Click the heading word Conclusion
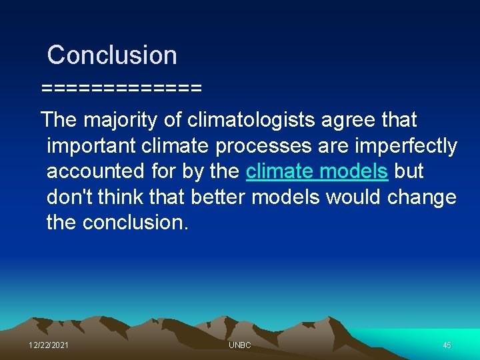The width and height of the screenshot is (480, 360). (112, 55)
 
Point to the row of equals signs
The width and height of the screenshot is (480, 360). (121, 88)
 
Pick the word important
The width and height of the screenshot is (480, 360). (89, 146)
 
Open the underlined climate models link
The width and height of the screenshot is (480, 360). (317, 171)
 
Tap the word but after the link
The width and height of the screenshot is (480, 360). (409, 171)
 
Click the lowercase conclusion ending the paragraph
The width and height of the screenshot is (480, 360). (135, 222)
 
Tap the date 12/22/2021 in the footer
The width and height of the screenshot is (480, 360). (49, 345)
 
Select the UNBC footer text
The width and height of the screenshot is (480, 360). (239, 345)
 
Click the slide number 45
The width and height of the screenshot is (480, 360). (447, 345)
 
